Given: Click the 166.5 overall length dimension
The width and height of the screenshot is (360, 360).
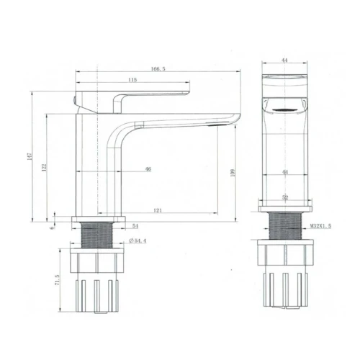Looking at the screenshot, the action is click(x=158, y=69).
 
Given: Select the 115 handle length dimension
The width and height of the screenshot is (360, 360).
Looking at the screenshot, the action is click(x=132, y=80).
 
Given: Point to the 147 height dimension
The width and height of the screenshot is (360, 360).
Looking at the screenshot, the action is click(x=30, y=156).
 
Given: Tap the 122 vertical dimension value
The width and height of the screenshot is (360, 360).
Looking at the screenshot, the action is click(x=44, y=167).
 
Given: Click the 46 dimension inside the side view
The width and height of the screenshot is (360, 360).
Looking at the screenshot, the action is click(x=148, y=169).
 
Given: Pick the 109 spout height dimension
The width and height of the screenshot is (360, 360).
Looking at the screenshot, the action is click(x=233, y=173).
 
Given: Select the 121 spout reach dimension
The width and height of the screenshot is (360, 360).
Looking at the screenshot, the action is click(x=158, y=210).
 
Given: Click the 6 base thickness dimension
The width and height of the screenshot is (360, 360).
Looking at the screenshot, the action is click(x=53, y=227).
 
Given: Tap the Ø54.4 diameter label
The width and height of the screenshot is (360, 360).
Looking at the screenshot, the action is click(x=138, y=240).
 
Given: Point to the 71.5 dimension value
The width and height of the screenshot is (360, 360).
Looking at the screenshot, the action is click(x=57, y=279).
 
